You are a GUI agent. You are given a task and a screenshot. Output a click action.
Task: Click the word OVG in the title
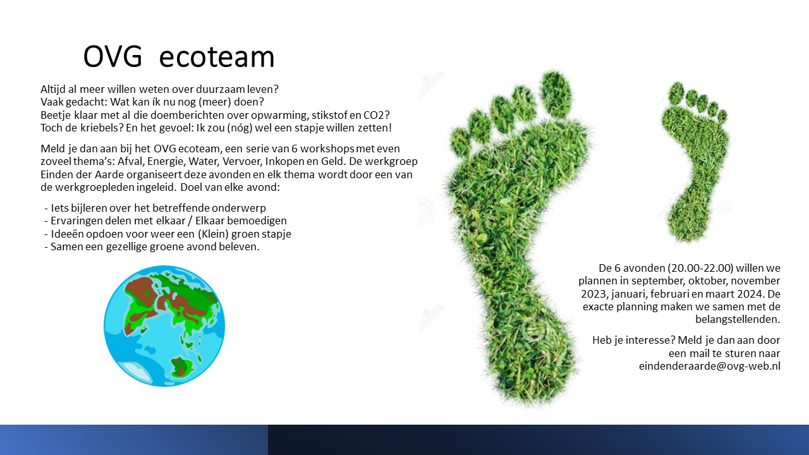tap(113, 57)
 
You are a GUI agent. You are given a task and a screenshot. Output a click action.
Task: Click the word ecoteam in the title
tap(217, 58)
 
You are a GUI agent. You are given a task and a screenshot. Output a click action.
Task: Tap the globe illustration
tap(164, 326)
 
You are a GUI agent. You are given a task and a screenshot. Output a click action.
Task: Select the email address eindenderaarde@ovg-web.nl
tap(709, 366)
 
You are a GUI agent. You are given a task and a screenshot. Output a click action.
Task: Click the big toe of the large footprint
tap(556, 92)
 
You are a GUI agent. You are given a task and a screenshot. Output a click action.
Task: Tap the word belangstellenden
tap(738, 320)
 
